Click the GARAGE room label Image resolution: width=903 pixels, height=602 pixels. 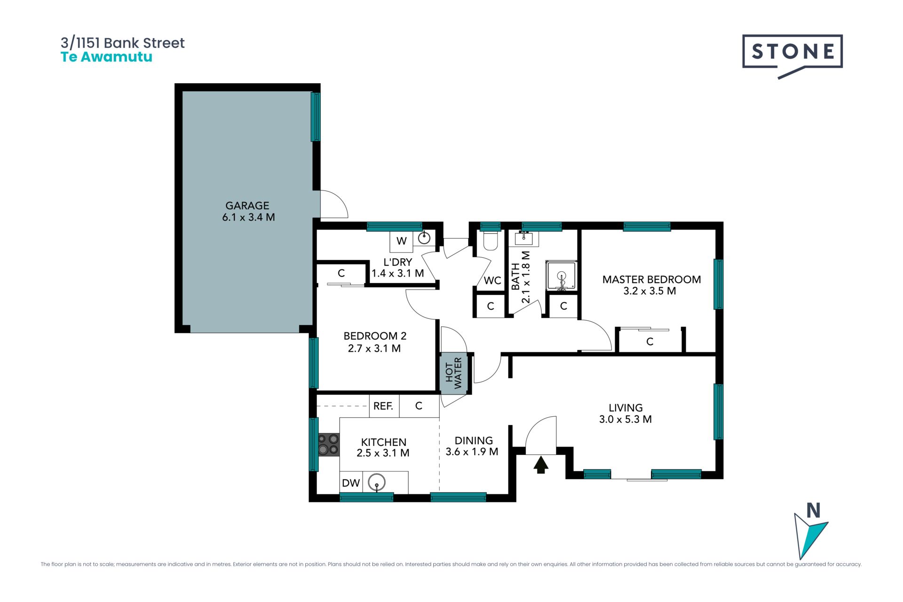point(247,206)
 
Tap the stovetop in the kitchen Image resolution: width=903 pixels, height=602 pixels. point(329,444)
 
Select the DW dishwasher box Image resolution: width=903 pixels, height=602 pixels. point(351,483)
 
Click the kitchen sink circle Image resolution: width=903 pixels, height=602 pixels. point(377,482)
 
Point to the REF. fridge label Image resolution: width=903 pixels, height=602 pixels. point(383,406)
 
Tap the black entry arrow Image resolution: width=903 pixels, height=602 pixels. point(541,465)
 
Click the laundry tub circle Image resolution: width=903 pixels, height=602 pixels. point(424,238)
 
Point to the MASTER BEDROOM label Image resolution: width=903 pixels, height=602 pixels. point(651,279)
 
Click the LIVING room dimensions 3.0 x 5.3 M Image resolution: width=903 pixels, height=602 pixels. point(626,419)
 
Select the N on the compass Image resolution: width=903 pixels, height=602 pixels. point(814,510)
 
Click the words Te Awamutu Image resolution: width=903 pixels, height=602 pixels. point(107,57)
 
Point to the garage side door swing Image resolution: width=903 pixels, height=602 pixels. point(334,204)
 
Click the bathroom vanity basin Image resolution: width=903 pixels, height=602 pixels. point(523,238)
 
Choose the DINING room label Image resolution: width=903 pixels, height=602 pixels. point(474,441)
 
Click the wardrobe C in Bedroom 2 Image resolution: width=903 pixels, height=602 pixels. point(341,273)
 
